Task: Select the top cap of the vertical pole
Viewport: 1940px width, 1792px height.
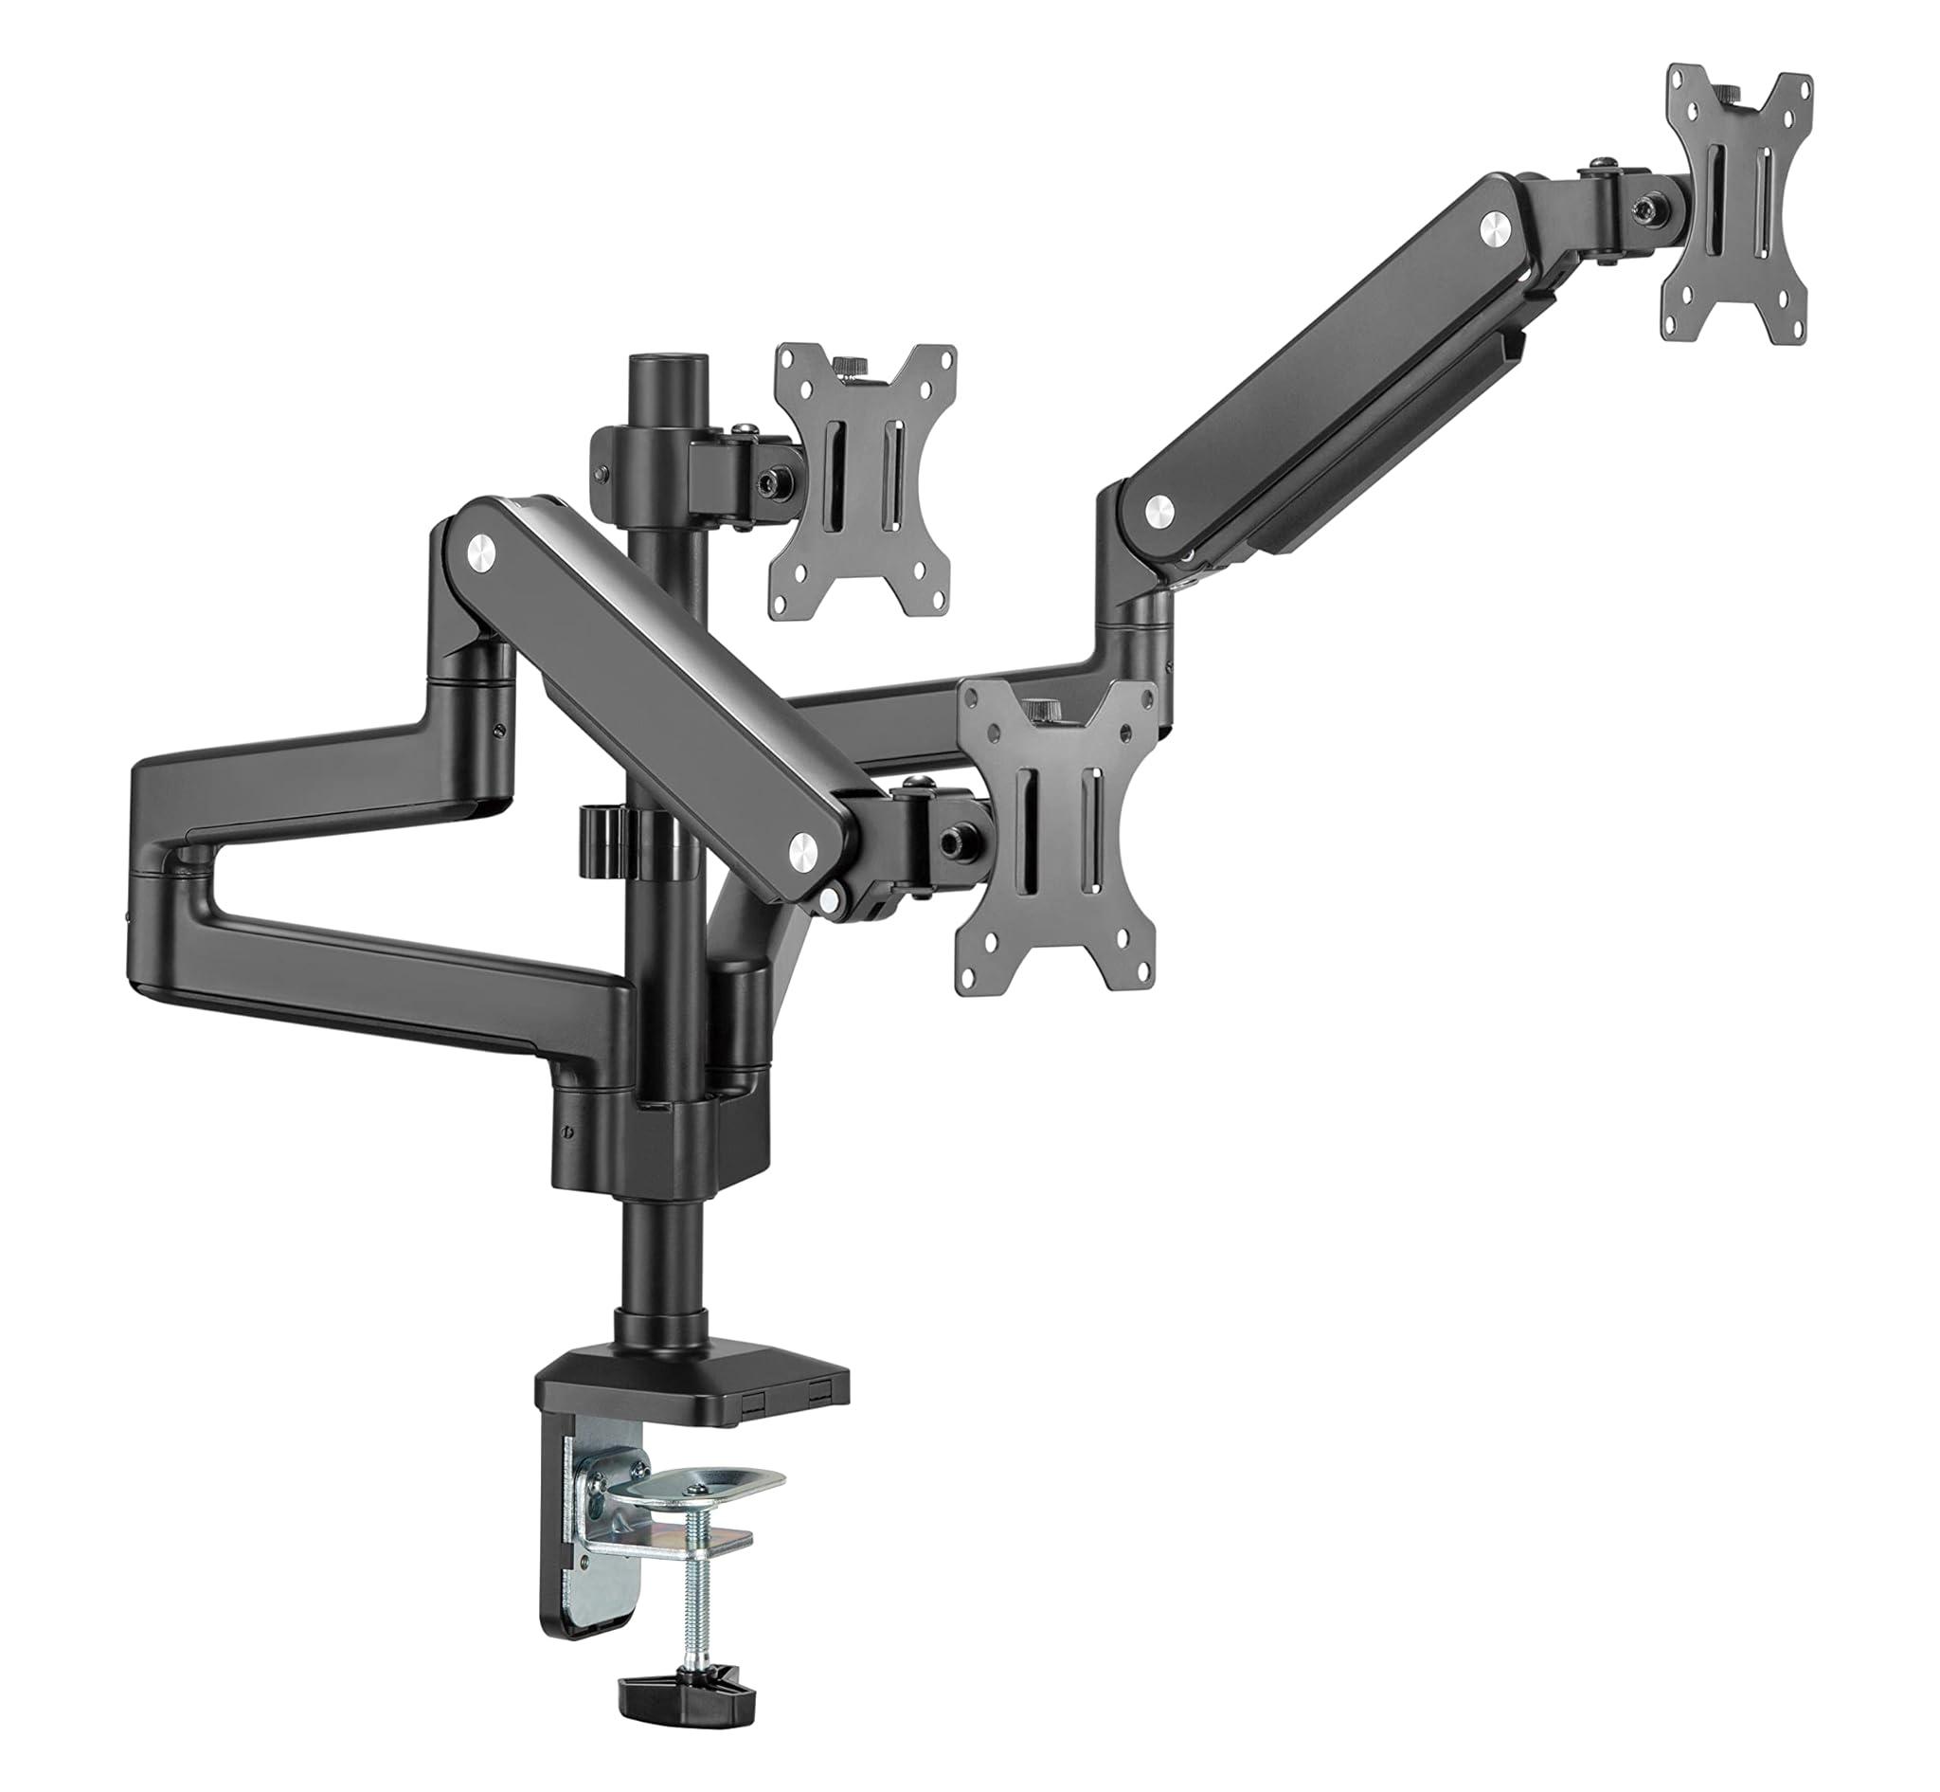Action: pos(666,371)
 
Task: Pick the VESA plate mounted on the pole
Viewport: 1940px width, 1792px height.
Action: pos(862,480)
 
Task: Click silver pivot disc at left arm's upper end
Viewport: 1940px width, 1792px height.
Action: pos(481,553)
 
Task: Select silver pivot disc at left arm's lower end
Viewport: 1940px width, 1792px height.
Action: pos(803,852)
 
